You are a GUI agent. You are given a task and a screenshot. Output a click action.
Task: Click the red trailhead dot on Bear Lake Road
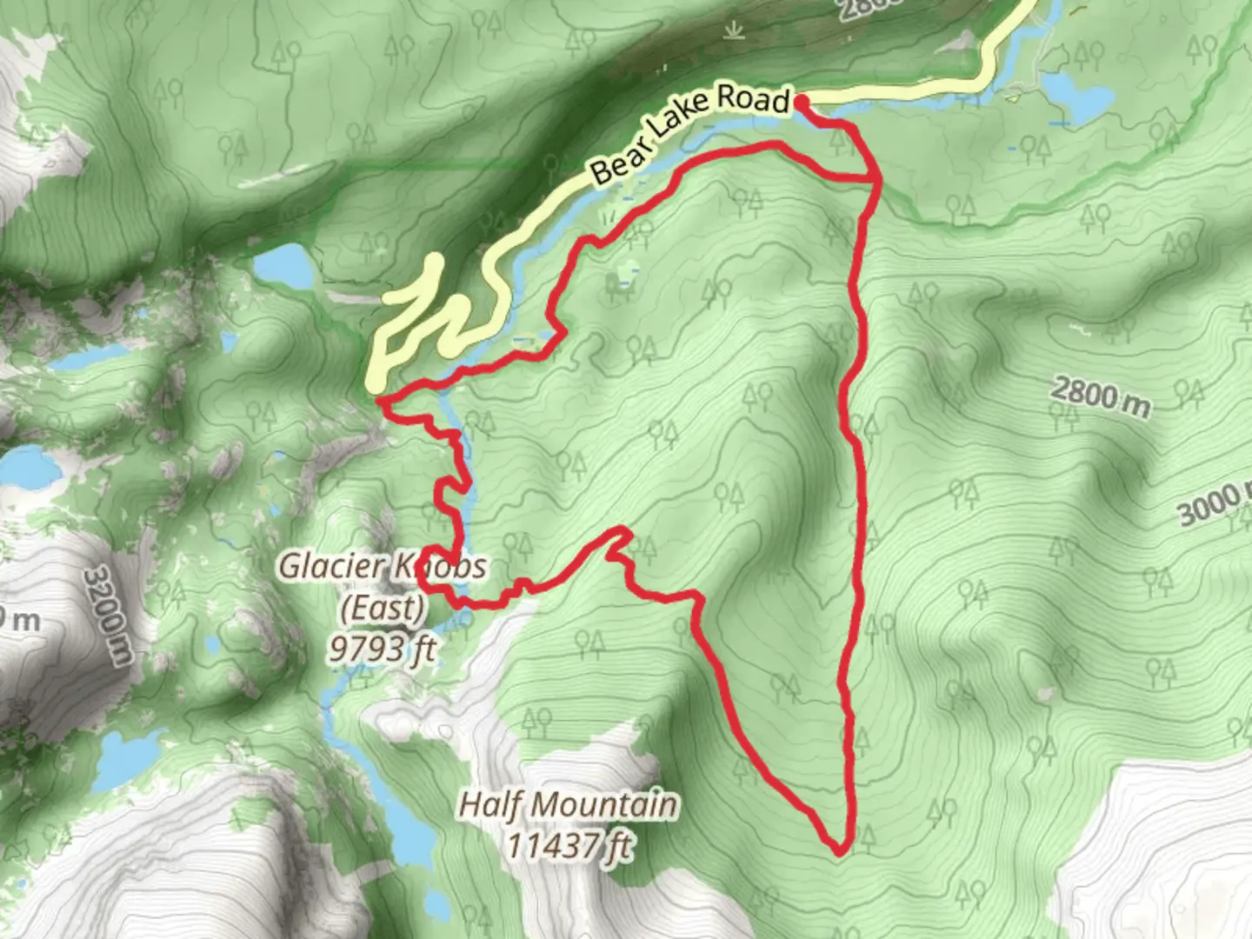pyautogui.click(x=802, y=103)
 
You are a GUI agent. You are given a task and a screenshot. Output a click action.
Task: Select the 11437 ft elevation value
pyautogui.click(x=569, y=845)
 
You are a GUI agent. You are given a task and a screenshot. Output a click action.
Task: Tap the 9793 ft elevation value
pyautogui.click(x=382, y=648)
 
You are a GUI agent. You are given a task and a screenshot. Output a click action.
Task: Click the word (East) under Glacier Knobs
pyautogui.click(x=382, y=607)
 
